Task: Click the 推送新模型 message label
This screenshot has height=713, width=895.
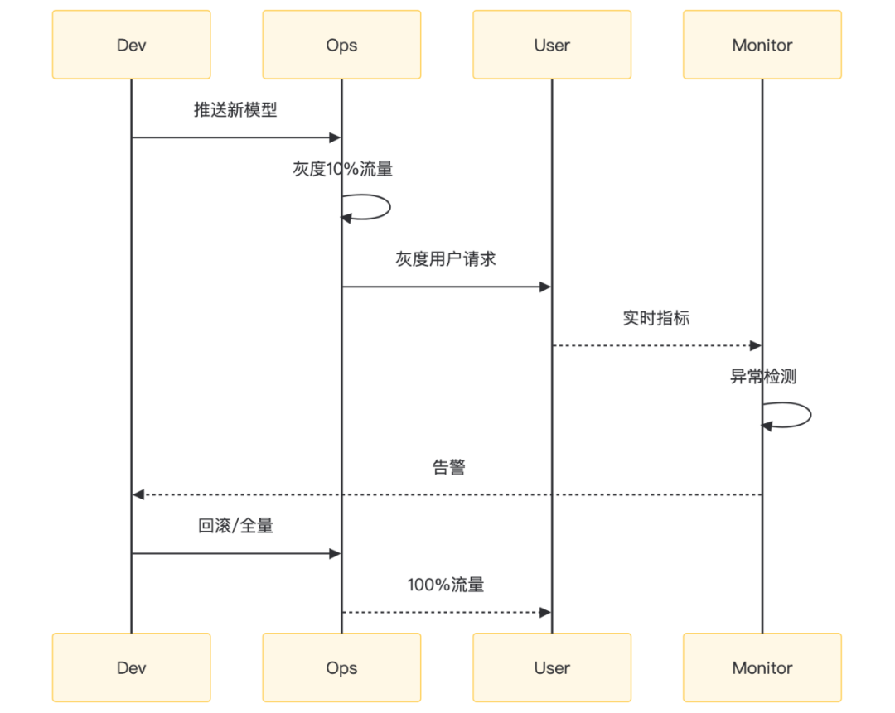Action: [x=235, y=111]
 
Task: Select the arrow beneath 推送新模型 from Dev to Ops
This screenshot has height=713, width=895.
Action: [x=236, y=137]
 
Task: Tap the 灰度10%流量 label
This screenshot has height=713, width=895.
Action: [x=343, y=169]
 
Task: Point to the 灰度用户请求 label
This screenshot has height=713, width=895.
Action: [x=446, y=259]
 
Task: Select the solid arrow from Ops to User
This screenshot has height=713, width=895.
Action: [x=447, y=287]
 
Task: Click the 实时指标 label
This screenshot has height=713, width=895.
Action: [x=656, y=318]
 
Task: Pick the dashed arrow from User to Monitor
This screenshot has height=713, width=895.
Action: [x=656, y=345]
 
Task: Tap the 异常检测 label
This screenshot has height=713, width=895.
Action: [x=763, y=378]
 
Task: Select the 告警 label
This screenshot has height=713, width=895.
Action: [x=448, y=467]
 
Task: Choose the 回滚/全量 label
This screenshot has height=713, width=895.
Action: [x=235, y=526]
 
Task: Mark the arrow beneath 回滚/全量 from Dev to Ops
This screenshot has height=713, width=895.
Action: [x=236, y=553]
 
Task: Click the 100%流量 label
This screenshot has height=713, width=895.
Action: [x=446, y=585]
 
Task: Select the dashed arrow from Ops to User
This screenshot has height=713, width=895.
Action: [x=447, y=612]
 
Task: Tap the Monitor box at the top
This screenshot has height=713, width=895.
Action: [x=762, y=45]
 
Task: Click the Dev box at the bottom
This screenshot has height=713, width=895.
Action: [x=131, y=667]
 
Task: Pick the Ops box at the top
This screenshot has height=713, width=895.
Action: [x=341, y=45]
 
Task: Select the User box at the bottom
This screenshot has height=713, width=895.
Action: [x=552, y=667]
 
